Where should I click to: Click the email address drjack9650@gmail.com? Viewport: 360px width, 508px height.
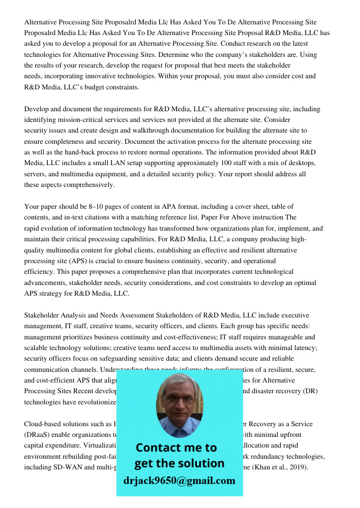[x=179, y=480]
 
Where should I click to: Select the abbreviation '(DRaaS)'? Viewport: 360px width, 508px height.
[x=38, y=435]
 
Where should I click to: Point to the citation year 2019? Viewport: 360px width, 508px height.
[x=298, y=467]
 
